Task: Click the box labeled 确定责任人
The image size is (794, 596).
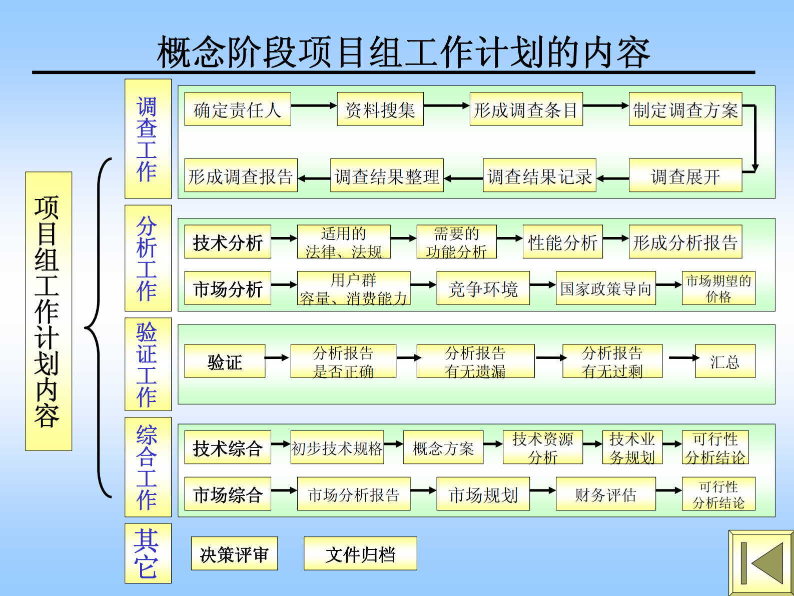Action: [x=237, y=109]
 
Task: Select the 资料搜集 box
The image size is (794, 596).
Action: [x=380, y=109]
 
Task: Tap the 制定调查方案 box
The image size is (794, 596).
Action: [x=685, y=109]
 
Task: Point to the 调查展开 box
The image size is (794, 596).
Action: [x=685, y=175]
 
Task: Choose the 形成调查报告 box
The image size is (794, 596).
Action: [x=241, y=175]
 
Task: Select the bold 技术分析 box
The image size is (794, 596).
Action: [x=228, y=242]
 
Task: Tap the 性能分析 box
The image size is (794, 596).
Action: [x=562, y=242]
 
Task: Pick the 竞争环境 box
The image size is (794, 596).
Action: [x=483, y=288]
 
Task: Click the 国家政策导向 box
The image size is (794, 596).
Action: [x=605, y=288]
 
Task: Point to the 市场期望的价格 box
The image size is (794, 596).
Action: [x=718, y=288]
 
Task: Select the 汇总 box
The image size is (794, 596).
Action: [x=725, y=361]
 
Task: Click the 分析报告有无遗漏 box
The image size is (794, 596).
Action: [x=475, y=361]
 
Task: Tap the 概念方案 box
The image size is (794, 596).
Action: [x=443, y=447]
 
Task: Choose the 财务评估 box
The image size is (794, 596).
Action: [x=605, y=494]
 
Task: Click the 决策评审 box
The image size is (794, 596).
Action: [x=234, y=553]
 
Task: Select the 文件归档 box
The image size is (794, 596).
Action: [x=360, y=553]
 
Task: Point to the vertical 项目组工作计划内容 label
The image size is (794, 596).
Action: [x=49, y=311]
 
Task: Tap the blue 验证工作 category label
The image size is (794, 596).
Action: [x=148, y=364]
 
